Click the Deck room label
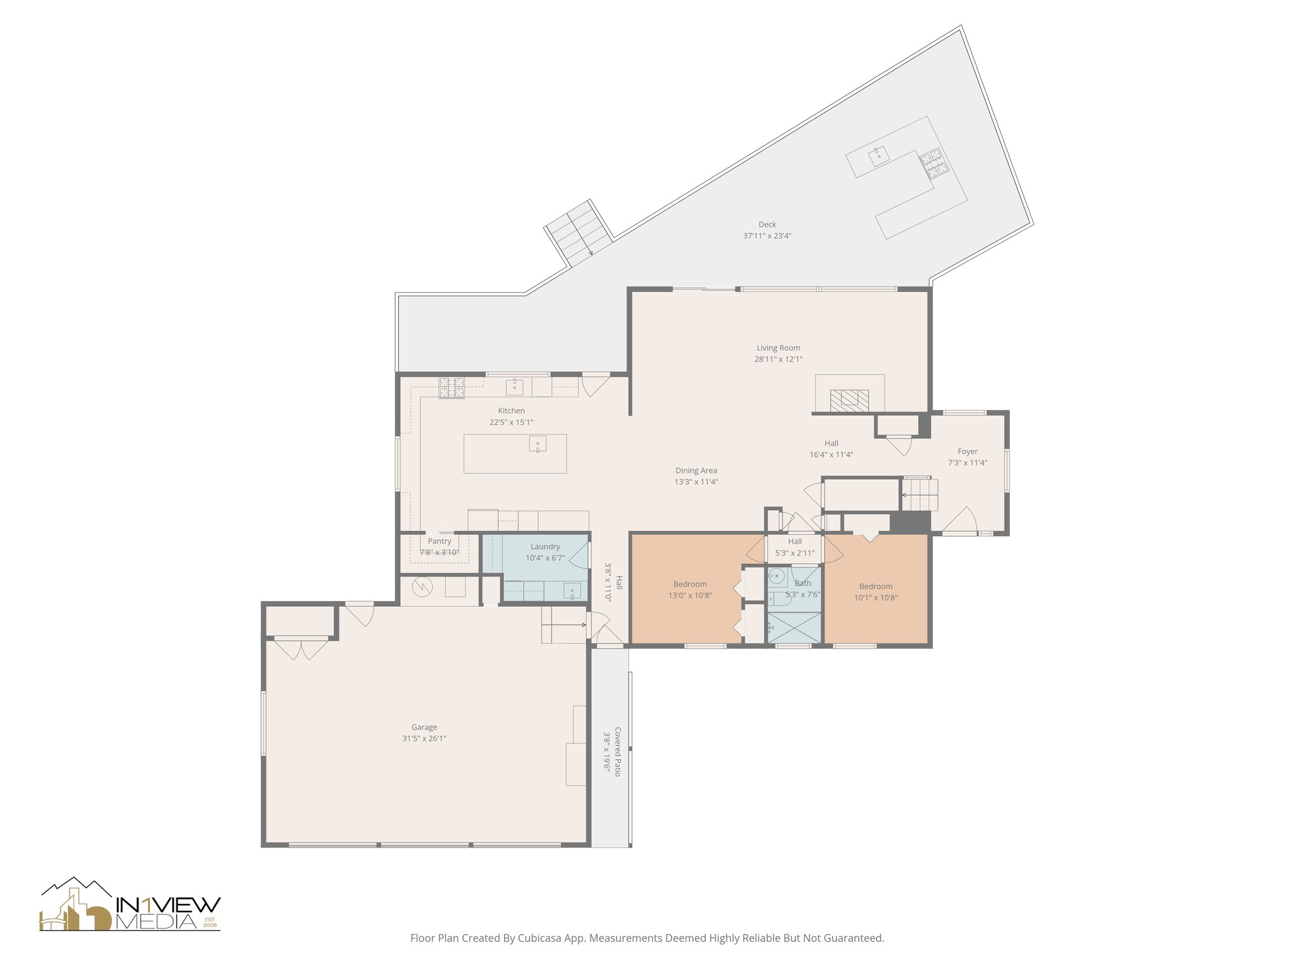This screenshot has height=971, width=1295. tap(767, 224)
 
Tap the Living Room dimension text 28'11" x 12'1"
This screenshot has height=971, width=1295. tap(778, 359)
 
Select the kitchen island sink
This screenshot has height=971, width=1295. tap(537, 444)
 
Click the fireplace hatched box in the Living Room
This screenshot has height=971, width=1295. tap(849, 401)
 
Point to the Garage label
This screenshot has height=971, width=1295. tap(424, 727)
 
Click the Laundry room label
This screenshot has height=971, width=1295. tap(544, 547)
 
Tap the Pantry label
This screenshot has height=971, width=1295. tap(439, 541)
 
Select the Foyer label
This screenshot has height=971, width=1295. tap(967, 451)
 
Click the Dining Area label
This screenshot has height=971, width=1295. tap(696, 470)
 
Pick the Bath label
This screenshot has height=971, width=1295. tap(802, 583)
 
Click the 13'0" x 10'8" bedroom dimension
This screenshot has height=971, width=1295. tap(690, 595)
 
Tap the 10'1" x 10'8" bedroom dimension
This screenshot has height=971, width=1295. tap(876, 597)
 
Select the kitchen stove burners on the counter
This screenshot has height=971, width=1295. tap(451, 387)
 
